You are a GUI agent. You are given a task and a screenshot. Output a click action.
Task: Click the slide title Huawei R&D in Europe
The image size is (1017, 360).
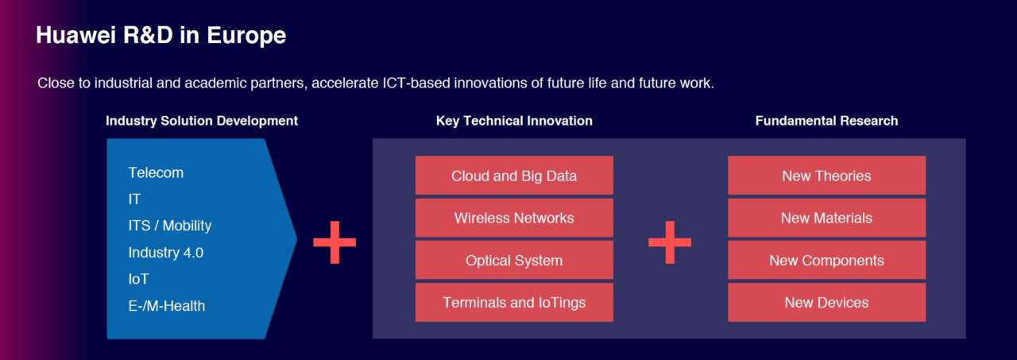160,36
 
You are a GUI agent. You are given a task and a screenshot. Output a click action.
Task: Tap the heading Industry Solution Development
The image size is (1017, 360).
202,121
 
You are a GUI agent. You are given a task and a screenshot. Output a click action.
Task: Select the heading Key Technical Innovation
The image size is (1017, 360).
514,121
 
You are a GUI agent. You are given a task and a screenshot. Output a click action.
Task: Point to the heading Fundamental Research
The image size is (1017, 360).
826,121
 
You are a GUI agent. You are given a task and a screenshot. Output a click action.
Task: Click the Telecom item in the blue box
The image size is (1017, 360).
156,172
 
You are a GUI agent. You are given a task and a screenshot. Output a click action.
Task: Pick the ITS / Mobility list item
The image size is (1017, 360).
170,226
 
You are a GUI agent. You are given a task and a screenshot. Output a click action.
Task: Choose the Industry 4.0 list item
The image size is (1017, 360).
166,253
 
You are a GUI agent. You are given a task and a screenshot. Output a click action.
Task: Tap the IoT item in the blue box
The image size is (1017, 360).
138,279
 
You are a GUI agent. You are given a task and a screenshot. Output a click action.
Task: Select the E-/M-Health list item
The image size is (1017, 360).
167,305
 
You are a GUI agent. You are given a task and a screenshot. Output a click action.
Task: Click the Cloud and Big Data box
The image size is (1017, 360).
514,176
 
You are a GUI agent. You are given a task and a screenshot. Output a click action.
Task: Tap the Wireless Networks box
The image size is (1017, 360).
514,218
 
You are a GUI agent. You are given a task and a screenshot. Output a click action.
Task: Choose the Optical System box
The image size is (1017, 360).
514,260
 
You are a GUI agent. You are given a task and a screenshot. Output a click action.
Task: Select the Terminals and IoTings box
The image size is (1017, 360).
514,302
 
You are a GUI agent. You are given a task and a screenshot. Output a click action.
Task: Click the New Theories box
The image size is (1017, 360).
826,176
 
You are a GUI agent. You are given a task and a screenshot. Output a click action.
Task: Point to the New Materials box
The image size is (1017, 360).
826,218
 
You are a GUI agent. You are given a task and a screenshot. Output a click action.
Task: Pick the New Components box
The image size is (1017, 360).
826,260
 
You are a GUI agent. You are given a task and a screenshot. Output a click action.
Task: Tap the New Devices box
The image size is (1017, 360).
826,302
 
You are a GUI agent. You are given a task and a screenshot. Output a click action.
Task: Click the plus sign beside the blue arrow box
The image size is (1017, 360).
334,242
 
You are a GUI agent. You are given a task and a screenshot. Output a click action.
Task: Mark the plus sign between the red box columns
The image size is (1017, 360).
670,242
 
